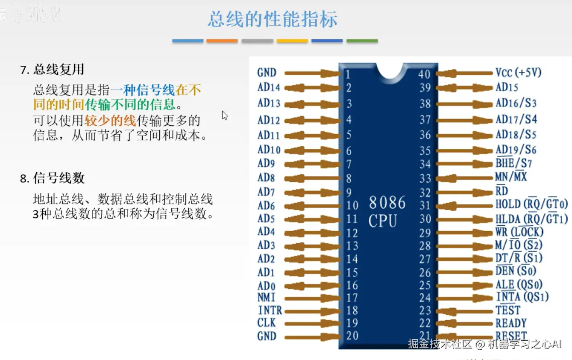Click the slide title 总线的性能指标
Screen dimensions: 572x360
(x=273, y=19)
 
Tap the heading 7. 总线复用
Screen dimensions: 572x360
(x=52, y=70)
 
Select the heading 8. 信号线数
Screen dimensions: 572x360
(x=52, y=178)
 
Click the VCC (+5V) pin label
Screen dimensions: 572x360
(x=518, y=73)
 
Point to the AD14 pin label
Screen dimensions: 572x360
(x=269, y=88)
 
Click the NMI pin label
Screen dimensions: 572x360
(x=267, y=297)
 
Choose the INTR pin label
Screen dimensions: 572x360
(x=270, y=310)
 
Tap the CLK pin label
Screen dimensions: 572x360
(x=267, y=323)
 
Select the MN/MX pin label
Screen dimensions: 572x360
(x=511, y=177)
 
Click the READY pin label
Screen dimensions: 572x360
(x=511, y=323)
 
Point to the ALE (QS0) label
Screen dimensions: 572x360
(x=519, y=284)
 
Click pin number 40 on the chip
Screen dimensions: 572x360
(x=424, y=74)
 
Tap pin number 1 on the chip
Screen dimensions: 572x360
(x=348, y=75)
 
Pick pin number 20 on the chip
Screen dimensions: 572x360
(x=352, y=336)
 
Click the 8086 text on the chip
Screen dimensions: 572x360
(x=387, y=202)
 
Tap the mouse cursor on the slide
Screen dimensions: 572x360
(x=225, y=115)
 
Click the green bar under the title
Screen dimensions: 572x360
(x=362, y=41)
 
